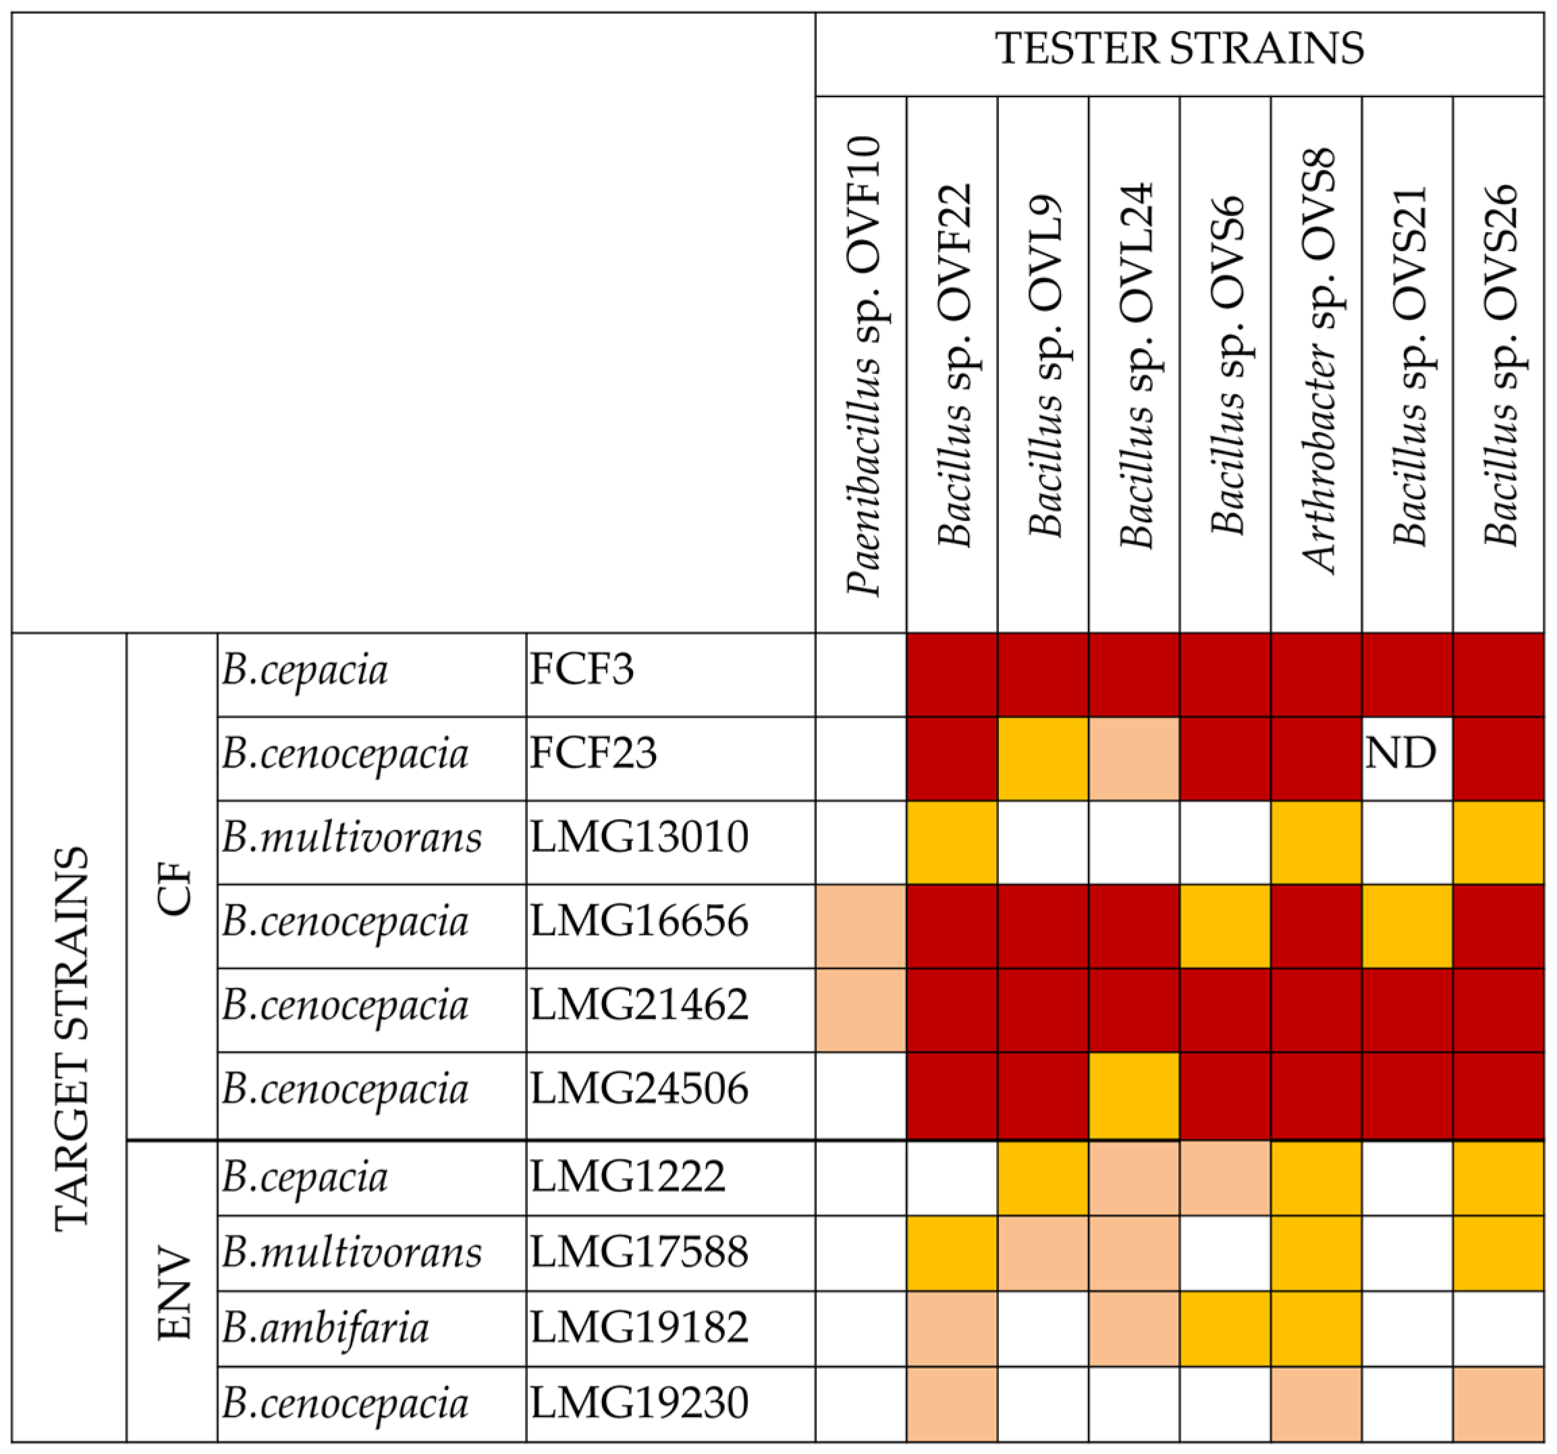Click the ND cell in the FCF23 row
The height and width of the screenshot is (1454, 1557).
pos(1400,753)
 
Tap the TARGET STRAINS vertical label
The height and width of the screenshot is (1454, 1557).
pos(72,1039)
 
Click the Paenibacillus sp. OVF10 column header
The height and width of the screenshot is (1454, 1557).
pos(863,365)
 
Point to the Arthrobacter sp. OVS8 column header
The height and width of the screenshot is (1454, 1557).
pos(1318,360)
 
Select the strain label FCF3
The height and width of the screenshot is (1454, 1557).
pos(581,669)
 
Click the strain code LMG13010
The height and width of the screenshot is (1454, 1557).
pos(638,837)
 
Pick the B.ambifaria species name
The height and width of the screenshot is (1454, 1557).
pos(325,1329)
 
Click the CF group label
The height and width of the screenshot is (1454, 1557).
pos(174,888)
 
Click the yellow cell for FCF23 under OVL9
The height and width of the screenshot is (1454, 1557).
pos(1043,758)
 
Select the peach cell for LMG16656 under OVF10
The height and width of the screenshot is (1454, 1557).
pos(861,926)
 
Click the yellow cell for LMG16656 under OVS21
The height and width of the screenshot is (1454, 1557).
pos(1406,926)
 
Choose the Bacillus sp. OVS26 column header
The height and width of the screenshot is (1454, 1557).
pos(1500,365)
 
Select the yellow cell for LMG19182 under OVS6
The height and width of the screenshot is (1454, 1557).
pos(1224,1329)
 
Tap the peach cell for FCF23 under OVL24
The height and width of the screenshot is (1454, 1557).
pos(1133,758)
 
